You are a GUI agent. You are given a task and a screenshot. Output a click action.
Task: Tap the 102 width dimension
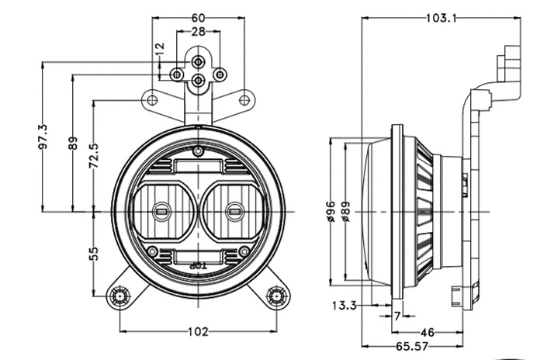pos(199,332)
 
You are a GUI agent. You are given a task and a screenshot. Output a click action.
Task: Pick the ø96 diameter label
pos(330,211)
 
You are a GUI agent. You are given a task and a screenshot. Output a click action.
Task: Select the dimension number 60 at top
pos(199,16)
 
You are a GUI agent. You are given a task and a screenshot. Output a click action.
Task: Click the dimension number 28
pos(199,32)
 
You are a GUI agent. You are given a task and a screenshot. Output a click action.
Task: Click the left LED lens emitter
pos(163,209)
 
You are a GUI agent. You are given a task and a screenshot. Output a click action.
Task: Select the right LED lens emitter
pos(234,209)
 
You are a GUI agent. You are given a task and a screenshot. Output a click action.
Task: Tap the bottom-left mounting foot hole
pos(119,295)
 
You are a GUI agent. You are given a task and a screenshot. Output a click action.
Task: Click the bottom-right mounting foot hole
pos(275,295)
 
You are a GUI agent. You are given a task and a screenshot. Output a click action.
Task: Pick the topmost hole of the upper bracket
pos(199,60)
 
